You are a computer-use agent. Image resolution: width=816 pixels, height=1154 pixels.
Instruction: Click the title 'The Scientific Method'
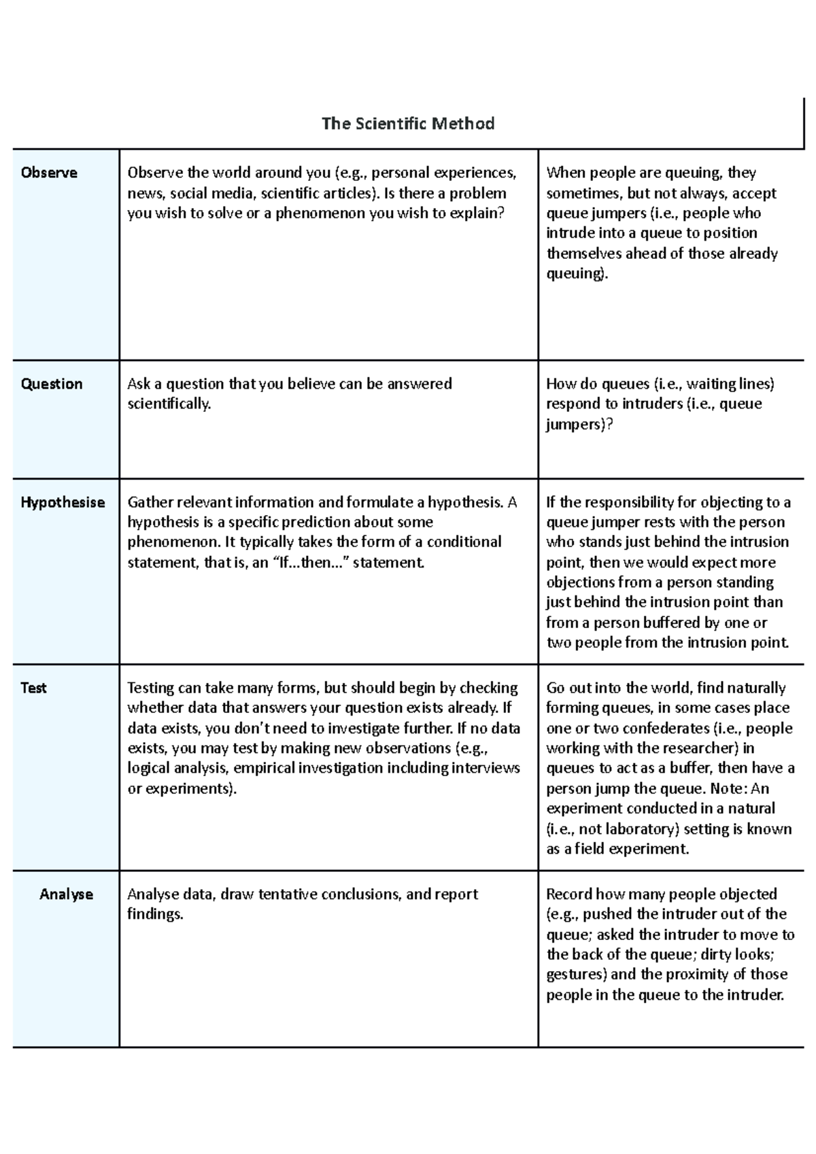[x=408, y=124]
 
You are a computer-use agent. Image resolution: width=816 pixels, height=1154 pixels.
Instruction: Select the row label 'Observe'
[x=49, y=173]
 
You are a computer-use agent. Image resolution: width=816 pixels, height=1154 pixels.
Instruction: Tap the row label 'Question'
[x=52, y=384]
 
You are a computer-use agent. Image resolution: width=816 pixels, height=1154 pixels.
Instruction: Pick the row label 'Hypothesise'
[x=63, y=502]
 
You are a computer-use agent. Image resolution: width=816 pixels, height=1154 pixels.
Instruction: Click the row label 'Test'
[x=33, y=688]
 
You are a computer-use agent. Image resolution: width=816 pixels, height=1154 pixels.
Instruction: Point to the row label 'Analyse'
[x=66, y=894]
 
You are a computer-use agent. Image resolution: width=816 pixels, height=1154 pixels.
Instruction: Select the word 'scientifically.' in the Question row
[x=169, y=404]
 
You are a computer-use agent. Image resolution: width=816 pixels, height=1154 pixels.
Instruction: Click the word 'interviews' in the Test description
[x=486, y=768]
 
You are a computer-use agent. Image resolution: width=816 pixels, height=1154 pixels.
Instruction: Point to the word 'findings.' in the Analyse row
[x=155, y=914]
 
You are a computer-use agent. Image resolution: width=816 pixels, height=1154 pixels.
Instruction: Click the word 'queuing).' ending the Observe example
[x=577, y=274]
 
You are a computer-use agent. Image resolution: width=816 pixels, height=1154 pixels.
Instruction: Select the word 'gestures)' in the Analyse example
[x=576, y=975]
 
